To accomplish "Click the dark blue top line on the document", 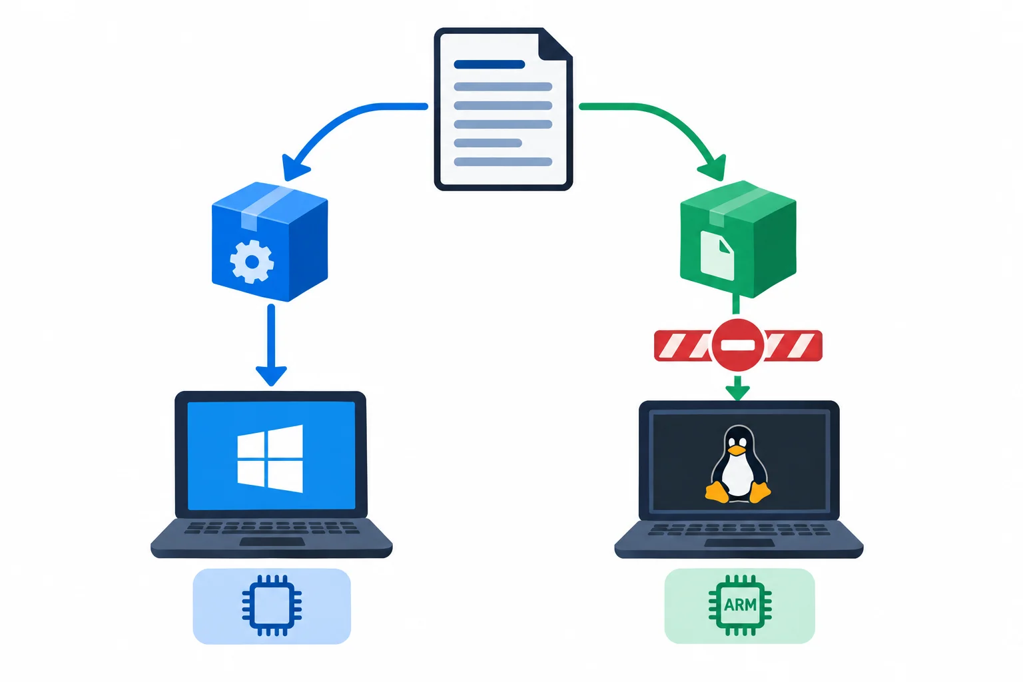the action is tap(489, 65).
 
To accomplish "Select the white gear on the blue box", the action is tap(252, 262).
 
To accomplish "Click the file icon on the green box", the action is tap(717, 255).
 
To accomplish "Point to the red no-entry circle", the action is tap(737, 345).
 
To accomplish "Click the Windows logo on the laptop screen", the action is tap(270, 459).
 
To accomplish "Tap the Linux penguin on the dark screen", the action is tap(738, 465).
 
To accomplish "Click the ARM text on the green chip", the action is tap(741, 605).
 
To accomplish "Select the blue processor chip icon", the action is tap(272, 605).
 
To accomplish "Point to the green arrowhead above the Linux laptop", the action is tap(737, 392).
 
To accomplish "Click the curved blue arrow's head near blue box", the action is tap(294, 167).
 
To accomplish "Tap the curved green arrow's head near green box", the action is tap(713, 168).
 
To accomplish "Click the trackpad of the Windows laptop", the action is tap(272, 541).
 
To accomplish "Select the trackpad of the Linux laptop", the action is tap(739, 543).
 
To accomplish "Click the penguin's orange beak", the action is tap(736, 450).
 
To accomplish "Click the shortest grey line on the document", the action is tap(488, 143).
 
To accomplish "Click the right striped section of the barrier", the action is tap(793, 346).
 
